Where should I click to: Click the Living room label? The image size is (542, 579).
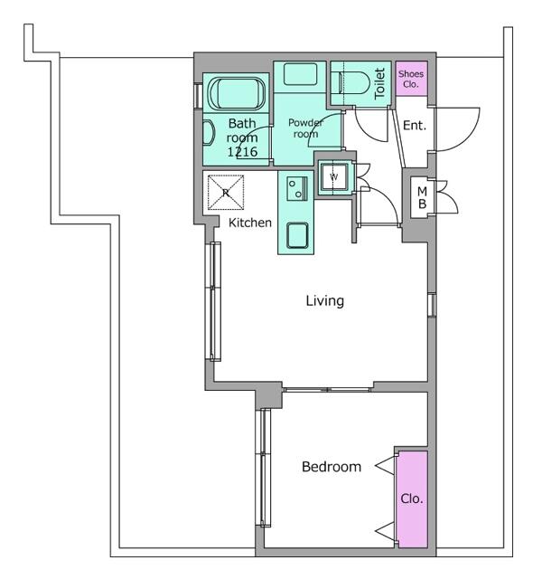(325, 301)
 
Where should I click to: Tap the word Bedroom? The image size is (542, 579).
(332, 467)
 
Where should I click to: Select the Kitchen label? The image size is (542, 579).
(250, 223)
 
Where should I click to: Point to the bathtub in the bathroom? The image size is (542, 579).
(237, 93)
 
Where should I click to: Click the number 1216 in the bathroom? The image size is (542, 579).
(242, 152)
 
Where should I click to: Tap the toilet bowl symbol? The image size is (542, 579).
(350, 83)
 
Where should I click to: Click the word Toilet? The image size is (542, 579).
(379, 83)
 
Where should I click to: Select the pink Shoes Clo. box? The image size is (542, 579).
(412, 79)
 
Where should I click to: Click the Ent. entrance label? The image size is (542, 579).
(415, 126)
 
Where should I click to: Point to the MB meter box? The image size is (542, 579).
(423, 197)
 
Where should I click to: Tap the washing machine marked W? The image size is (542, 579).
(333, 177)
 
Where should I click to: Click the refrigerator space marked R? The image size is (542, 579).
(226, 193)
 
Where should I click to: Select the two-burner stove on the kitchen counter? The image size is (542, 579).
(297, 188)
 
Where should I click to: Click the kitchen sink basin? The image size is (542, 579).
(297, 235)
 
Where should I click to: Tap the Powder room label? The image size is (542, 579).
(305, 128)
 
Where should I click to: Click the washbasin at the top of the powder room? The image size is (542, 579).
(301, 74)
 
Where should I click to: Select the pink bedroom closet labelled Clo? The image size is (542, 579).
(413, 498)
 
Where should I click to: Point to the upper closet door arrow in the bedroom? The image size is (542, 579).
(386, 466)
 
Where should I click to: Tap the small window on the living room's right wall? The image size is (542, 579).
(432, 305)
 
